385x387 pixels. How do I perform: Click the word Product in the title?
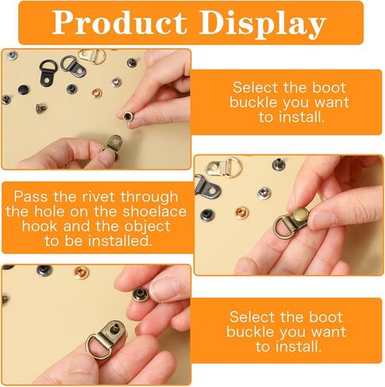click(x=119, y=23)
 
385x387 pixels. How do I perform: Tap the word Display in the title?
click(x=263, y=25)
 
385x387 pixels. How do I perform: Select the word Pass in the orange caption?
click(x=31, y=197)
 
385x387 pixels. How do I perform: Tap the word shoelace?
click(x=155, y=212)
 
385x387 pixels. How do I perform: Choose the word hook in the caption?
click(x=40, y=226)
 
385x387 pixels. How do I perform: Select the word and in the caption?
click(x=76, y=226)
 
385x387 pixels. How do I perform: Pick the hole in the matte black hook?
click(x=47, y=80)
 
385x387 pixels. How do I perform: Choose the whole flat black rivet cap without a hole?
click(x=24, y=90)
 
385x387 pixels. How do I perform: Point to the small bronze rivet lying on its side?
click(x=41, y=108)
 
